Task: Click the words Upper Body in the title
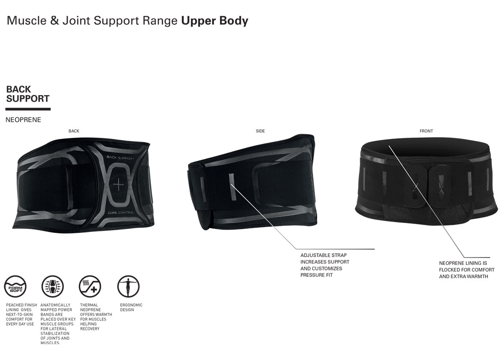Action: [214, 21]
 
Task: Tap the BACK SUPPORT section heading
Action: [28, 94]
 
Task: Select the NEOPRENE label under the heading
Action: [24, 120]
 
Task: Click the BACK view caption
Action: [74, 131]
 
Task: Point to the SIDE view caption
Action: [260, 131]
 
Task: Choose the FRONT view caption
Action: [426, 131]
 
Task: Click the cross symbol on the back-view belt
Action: [118, 185]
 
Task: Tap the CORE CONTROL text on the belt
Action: [121, 213]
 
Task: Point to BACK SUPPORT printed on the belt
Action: [120, 158]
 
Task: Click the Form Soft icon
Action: [15, 286]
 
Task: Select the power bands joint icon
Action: [53, 286]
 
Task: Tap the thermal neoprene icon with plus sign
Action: [90, 286]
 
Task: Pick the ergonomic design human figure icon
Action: [128, 286]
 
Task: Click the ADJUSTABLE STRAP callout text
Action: [325, 265]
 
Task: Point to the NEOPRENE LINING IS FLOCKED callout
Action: [466, 270]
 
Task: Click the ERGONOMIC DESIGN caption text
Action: [131, 307]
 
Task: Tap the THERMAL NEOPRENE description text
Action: [96, 317]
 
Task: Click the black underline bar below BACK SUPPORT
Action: [28, 109]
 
